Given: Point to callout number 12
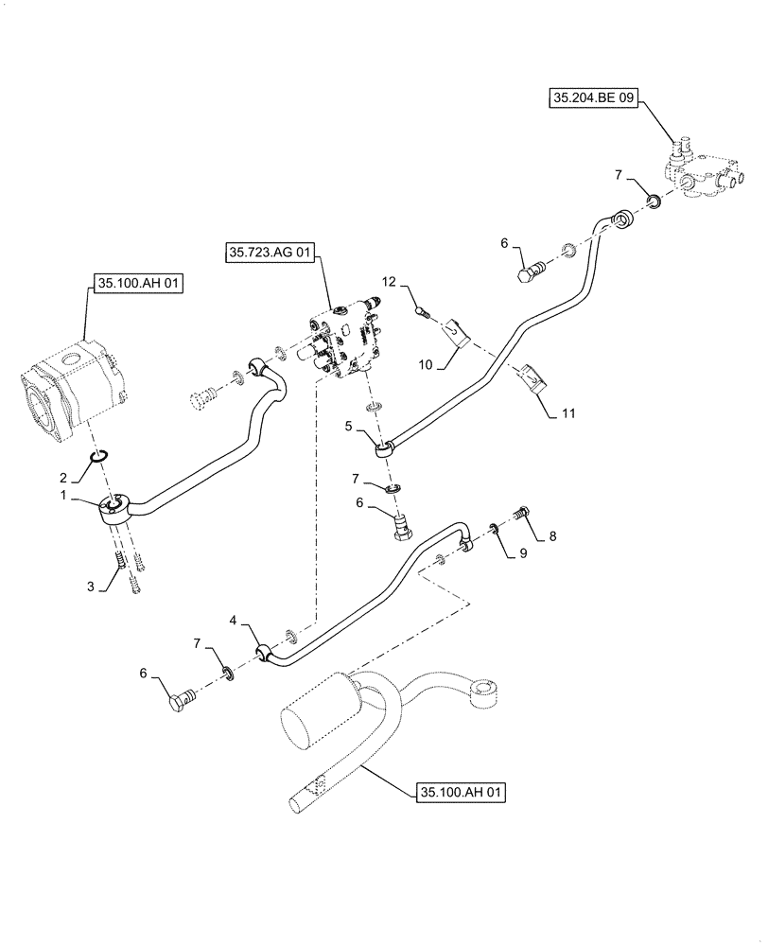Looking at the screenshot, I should [x=390, y=282].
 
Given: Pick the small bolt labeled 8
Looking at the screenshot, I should [x=521, y=515].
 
